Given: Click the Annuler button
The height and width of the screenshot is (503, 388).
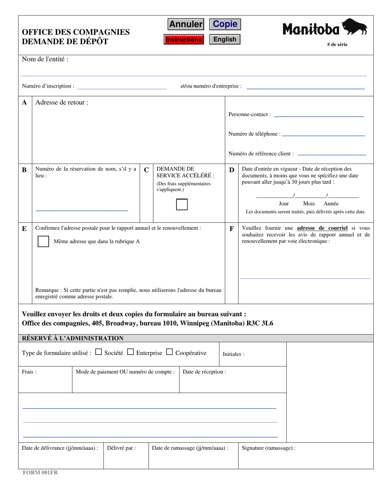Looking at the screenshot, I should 186,25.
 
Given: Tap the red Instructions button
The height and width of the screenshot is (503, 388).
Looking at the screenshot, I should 184,40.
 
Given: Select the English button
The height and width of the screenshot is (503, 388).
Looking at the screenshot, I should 225,39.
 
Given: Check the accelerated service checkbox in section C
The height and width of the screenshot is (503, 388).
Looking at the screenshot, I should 182,204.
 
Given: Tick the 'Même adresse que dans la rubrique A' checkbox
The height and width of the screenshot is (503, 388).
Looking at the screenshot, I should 43,242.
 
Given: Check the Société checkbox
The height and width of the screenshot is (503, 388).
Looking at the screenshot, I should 98,352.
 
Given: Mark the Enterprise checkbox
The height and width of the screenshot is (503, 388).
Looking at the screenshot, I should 130,352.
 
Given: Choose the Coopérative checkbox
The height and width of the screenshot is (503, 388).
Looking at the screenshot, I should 169,352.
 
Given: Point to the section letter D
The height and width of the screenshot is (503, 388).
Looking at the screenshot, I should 232,170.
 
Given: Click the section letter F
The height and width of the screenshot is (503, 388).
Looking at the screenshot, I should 232,229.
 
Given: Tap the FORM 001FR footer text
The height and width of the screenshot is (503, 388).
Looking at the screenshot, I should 40,472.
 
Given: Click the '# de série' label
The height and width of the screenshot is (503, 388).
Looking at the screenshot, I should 337,45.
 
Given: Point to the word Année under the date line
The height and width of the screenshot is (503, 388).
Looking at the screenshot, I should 331,204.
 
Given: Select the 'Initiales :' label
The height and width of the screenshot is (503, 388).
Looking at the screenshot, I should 233,354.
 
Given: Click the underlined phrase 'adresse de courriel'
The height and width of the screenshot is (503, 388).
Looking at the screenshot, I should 322,228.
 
